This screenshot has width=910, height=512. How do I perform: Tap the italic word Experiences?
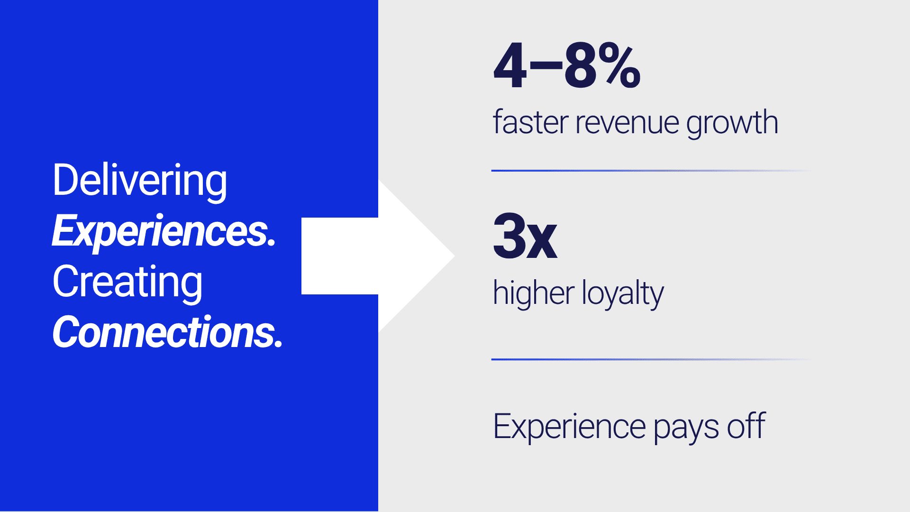[164, 231]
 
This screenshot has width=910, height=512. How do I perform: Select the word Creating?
[127, 283]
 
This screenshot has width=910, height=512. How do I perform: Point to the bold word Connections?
[167, 332]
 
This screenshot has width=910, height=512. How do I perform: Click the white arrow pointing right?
[378, 256]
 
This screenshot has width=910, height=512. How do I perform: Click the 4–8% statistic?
[567, 66]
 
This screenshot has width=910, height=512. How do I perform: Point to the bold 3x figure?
[525, 236]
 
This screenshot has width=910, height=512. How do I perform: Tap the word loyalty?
[623, 293]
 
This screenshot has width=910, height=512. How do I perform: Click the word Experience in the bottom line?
[569, 427]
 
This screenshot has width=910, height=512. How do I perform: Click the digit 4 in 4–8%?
[510, 66]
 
